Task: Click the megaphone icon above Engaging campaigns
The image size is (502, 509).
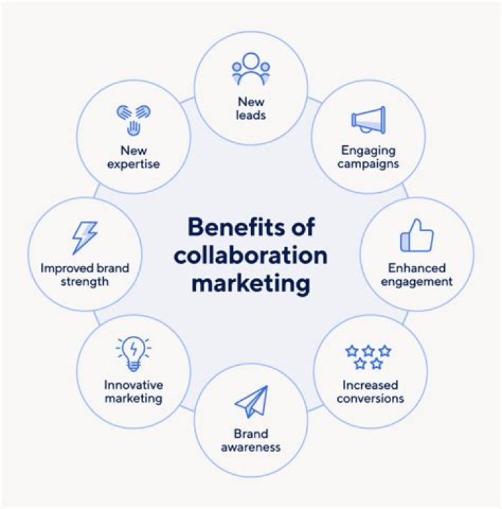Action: coord(368,120)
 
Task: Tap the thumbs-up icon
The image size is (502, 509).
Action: coord(417,235)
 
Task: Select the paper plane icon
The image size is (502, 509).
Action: coord(251,401)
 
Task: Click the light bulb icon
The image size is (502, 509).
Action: coord(134,354)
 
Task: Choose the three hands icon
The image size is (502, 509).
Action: coord(134,120)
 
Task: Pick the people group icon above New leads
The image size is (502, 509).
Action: coord(251,69)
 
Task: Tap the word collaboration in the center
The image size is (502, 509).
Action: coord(250,256)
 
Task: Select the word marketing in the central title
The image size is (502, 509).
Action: coord(251,283)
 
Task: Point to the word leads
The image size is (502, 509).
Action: coord(251,115)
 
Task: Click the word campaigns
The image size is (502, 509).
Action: coord(368,164)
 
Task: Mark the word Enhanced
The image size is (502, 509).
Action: coord(417,268)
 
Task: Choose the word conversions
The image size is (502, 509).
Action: coord(370,398)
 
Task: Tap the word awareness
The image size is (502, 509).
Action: coord(251,448)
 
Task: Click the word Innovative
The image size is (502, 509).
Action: coord(134,385)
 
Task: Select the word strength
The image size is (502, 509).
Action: coord(84,282)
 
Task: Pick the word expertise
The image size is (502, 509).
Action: coord(134,164)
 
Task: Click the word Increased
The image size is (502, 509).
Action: coord(370,385)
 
